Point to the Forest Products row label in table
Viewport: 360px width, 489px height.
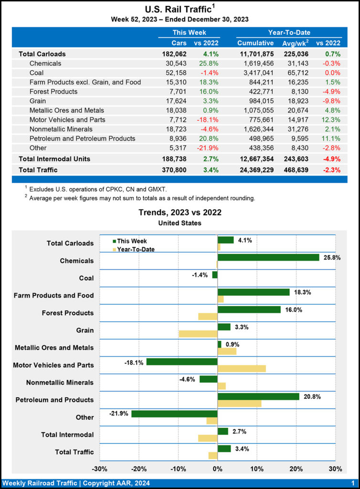coord(53,91)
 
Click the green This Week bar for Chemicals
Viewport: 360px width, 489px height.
coord(268,257)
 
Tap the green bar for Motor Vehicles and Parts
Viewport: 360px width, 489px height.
coord(181,362)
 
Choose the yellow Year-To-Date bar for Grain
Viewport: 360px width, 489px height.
coord(198,333)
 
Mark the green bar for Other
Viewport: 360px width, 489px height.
coord(174,414)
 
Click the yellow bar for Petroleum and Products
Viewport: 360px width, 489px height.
coord(239,404)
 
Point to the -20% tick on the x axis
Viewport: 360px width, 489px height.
coord(139,468)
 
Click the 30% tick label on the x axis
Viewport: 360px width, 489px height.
coord(335,468)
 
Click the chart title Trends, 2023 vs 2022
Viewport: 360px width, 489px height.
coord(180,213)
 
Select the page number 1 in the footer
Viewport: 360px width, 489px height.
coord(352,483)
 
